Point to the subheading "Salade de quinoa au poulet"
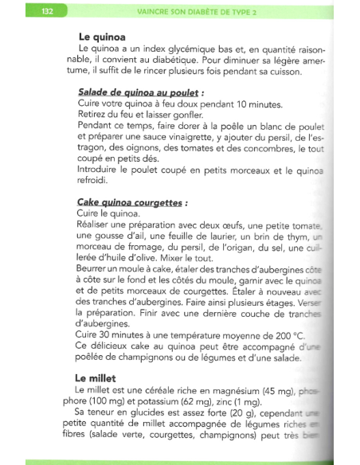(147, 92)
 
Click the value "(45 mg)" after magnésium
(277, 389)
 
